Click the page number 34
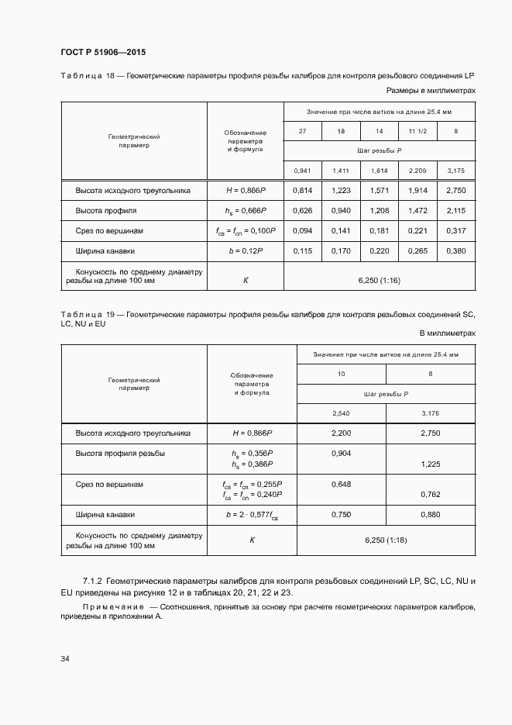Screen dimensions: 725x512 (65, 658)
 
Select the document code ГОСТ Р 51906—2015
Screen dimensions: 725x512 (103, 52)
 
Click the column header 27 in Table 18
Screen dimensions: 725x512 (302, 131)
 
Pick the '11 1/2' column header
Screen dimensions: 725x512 (418, 131)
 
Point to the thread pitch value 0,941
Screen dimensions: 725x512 (302, 171)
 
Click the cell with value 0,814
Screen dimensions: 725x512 (302, 191)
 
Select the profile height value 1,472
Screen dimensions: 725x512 (418, 211)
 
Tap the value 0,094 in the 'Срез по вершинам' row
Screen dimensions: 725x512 (302, 231)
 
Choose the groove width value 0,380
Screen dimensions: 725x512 (456, 251)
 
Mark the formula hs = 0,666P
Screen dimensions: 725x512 (246, 211)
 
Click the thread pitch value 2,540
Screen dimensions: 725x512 (341, 413)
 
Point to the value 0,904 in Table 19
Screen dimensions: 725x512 (341, 454)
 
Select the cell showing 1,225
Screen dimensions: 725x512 (430, 464)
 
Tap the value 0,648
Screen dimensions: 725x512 (341, 484)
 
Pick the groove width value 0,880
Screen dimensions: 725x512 (430, 514)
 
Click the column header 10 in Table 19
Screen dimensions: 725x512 (341, 375)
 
